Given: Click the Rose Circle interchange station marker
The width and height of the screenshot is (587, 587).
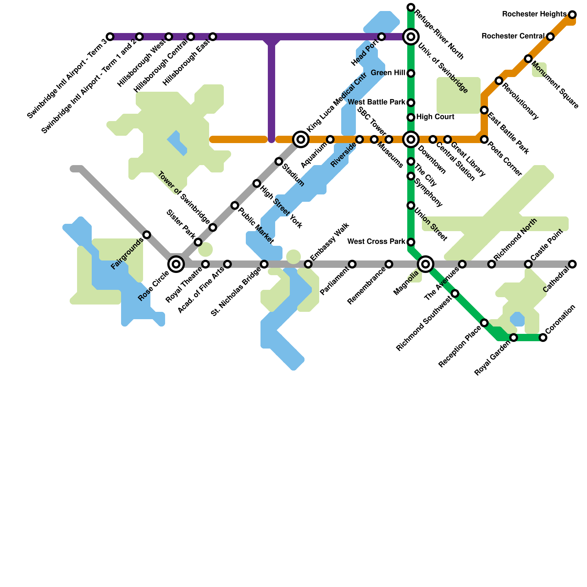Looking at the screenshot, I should [x=176, y=264].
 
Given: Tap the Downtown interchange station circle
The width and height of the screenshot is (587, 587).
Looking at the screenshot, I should [x=411, y=139].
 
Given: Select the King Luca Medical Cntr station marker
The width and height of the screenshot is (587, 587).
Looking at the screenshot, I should [x=301, y=139].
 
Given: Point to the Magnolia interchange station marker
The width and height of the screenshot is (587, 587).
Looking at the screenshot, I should [x=426, y=264].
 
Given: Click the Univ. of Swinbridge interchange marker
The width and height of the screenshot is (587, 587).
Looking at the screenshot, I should [x=411, y=37].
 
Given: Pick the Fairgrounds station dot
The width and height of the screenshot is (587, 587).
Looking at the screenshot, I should [x=147, y=235].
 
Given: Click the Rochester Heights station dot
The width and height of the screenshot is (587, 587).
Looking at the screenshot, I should [x=572, y=15].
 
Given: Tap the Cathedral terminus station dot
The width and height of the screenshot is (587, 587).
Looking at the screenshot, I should [x=572, y=264].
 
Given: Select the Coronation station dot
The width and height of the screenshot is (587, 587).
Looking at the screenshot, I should [x=543, y=338].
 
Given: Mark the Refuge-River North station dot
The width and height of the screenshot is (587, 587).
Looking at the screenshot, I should [x=411, y=7].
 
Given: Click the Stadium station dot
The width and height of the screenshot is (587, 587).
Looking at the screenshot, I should [x=279, y=161].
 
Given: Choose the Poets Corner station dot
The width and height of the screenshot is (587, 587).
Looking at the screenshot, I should [x=484, y=139].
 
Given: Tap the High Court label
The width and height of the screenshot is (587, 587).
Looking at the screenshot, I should [x=435, y=117].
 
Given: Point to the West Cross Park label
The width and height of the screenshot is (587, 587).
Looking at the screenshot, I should [x=376, y=242].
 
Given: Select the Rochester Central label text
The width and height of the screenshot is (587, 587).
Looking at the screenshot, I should [x=513, y=36].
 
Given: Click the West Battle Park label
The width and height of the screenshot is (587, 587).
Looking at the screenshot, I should [x=376, y=102].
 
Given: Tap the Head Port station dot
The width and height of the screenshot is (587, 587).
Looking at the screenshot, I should [x=382, y=37].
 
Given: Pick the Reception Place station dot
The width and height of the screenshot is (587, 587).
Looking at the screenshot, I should [x=484, y=323].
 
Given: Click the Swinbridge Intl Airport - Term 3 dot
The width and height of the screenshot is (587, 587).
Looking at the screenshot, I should [x=110, y=37].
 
